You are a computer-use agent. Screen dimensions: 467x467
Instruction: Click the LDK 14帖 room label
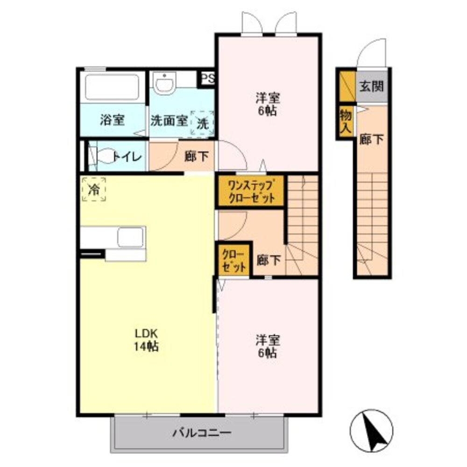146,340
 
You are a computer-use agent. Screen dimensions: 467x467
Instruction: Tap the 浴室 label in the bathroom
112,120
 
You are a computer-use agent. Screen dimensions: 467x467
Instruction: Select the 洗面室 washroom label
169,120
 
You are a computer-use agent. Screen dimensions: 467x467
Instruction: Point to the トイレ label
127,156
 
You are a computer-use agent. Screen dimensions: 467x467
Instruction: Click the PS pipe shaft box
208,79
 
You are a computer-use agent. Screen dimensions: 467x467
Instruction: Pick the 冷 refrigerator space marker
94,190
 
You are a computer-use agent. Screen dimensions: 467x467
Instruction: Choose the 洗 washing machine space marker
203,123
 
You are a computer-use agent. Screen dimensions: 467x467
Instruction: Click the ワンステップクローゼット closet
251,191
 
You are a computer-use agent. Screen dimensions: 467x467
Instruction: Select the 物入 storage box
346,121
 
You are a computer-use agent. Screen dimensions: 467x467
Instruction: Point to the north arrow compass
371,431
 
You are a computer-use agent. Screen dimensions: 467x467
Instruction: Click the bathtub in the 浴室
112,87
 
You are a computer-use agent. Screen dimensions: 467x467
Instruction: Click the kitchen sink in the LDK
131,237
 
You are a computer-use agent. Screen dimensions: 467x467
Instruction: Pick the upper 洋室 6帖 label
268,105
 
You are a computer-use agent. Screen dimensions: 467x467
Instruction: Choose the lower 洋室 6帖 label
268,347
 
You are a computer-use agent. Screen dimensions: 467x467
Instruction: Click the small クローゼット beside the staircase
234,260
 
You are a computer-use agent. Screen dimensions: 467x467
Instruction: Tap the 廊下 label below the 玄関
371,139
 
